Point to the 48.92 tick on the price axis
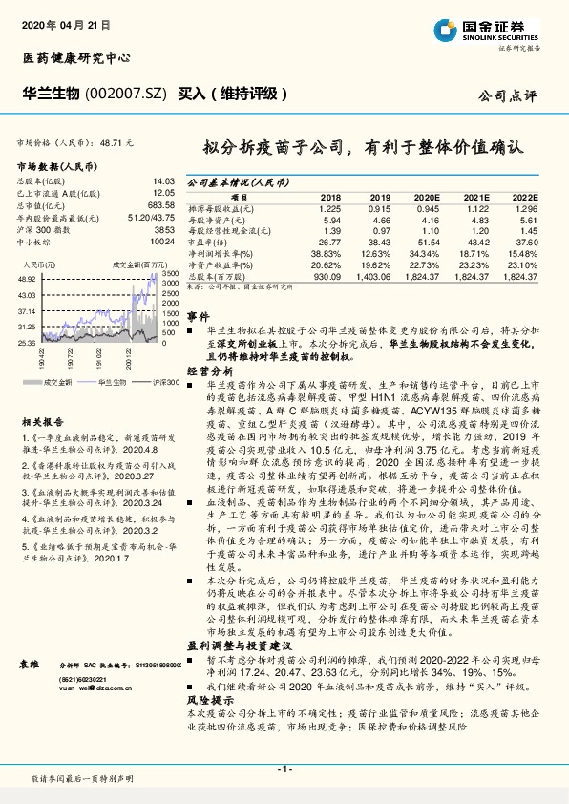[27, 277]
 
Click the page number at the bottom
[284, 768]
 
